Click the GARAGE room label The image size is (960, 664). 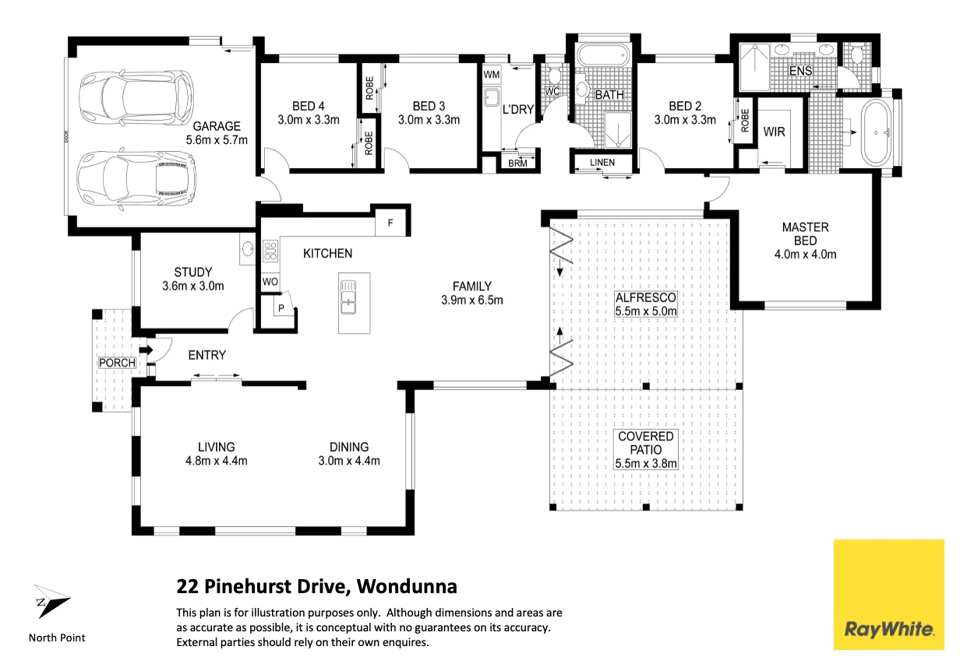pyautogui.click(x=217, y=126)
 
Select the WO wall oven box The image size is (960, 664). pyautogui.click(x=270, y=282)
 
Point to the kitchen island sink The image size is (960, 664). pyautogui.click(x=348, y=297)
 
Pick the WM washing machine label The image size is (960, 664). pyautogui.click(x=491, y=75)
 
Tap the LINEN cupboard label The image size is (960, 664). pyautogui.click(x=602, y=162)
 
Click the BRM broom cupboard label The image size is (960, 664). pyautogui.click(x=517, y=163)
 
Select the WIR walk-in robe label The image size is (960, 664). pyautogui.click(x=774, y=132)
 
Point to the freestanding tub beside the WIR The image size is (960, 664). pyautogui.click(x=877, y=132)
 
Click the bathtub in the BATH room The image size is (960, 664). pyautogui.click(x=603, y=55)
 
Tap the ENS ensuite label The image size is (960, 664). pyautogui.click(x=800, y=71)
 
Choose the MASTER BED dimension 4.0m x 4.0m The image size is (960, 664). pyautogui.click(x=805, y=255)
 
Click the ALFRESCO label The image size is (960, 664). pyautogui.click(x=646, y=297)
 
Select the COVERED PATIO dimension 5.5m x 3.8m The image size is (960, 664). pyautogui.click(x=646, y=463)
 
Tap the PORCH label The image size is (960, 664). pyautogui.click(x=117, y=363)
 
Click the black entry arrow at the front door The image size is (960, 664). pyautogui.click(x=146, y=350)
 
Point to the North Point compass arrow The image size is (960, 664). pyautogui.click(x=52, y=601)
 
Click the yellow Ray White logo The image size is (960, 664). pyautogui.click(x=888, y=594)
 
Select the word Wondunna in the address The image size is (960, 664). pyautogui.click(x=407, y=586)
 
